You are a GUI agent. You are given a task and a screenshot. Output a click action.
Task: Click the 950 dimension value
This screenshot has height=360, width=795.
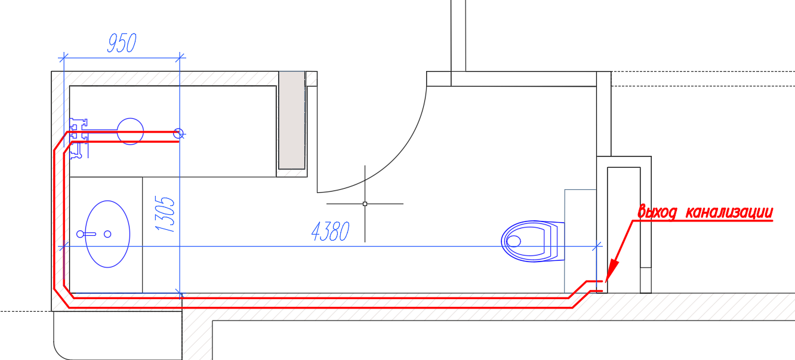122,43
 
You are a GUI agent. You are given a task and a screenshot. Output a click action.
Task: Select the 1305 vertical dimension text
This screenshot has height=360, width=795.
165,214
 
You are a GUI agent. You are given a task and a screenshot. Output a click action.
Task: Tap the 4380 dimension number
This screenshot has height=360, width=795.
331,232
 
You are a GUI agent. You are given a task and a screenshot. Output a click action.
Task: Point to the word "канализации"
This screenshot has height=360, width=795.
729,213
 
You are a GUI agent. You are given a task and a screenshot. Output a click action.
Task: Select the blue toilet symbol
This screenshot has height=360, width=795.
533,241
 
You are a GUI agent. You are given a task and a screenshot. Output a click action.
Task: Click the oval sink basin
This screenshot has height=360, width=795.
107,234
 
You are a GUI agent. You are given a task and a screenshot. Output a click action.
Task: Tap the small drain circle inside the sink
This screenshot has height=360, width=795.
107,234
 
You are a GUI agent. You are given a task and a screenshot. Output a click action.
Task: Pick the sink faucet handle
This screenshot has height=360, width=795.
86,234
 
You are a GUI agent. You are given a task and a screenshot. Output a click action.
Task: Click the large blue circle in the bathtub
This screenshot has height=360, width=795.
130,131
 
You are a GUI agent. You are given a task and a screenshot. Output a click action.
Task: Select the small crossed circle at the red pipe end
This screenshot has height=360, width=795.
178,134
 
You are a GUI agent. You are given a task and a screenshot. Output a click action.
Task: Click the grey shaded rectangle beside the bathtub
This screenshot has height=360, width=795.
292,121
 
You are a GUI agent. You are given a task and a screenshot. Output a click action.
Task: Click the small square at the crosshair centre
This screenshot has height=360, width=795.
365,204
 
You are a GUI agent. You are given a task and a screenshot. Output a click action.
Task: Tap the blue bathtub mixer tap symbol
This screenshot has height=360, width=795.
79,139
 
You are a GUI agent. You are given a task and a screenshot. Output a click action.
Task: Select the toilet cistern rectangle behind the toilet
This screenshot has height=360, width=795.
580,241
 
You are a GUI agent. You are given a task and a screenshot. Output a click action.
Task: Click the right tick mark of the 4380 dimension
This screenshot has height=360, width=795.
597,246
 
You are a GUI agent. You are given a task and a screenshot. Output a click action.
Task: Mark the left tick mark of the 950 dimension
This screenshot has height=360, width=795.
63,57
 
